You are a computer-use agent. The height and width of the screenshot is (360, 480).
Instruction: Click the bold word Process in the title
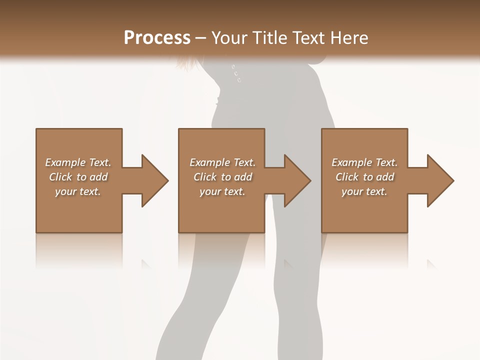pos(157,38)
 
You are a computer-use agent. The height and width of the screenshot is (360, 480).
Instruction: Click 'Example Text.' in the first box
pos(78,162)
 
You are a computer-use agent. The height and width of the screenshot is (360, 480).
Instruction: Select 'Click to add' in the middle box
pos(222,177)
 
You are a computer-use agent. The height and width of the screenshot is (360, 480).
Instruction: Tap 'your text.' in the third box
pos(364,191)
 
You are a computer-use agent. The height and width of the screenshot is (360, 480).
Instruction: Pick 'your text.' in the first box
pos(78,191)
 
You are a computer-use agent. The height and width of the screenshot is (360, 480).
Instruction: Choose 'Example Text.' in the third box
pos(364,162)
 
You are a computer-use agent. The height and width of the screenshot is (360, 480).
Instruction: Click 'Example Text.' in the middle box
pos(222,162)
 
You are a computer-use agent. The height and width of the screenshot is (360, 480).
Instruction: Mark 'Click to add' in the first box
pos(78,177)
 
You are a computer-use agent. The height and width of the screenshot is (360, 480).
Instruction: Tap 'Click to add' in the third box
pos(364,177)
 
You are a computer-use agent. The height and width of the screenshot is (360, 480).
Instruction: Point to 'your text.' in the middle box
pos(222,191)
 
